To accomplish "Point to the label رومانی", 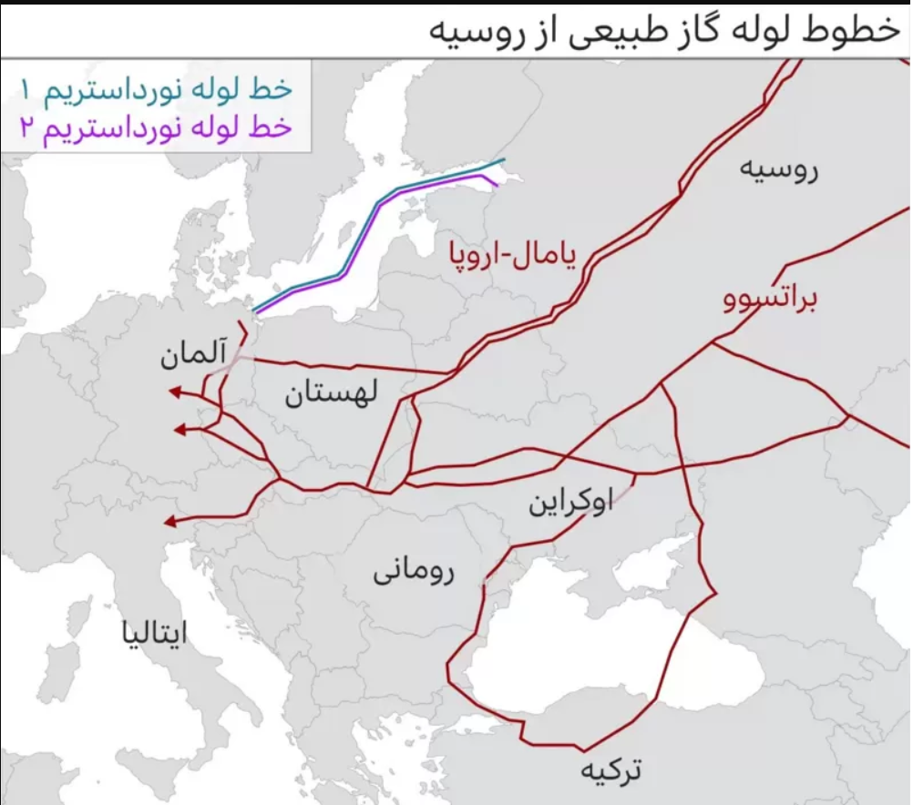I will [x=414, y=573].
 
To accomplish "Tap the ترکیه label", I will [x=610, y=770].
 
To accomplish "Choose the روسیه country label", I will [x=779, y=170].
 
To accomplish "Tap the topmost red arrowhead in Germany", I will [x=172, y=392].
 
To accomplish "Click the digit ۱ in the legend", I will [x=26, y=90].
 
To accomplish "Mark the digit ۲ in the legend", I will [x=26, y=128].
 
